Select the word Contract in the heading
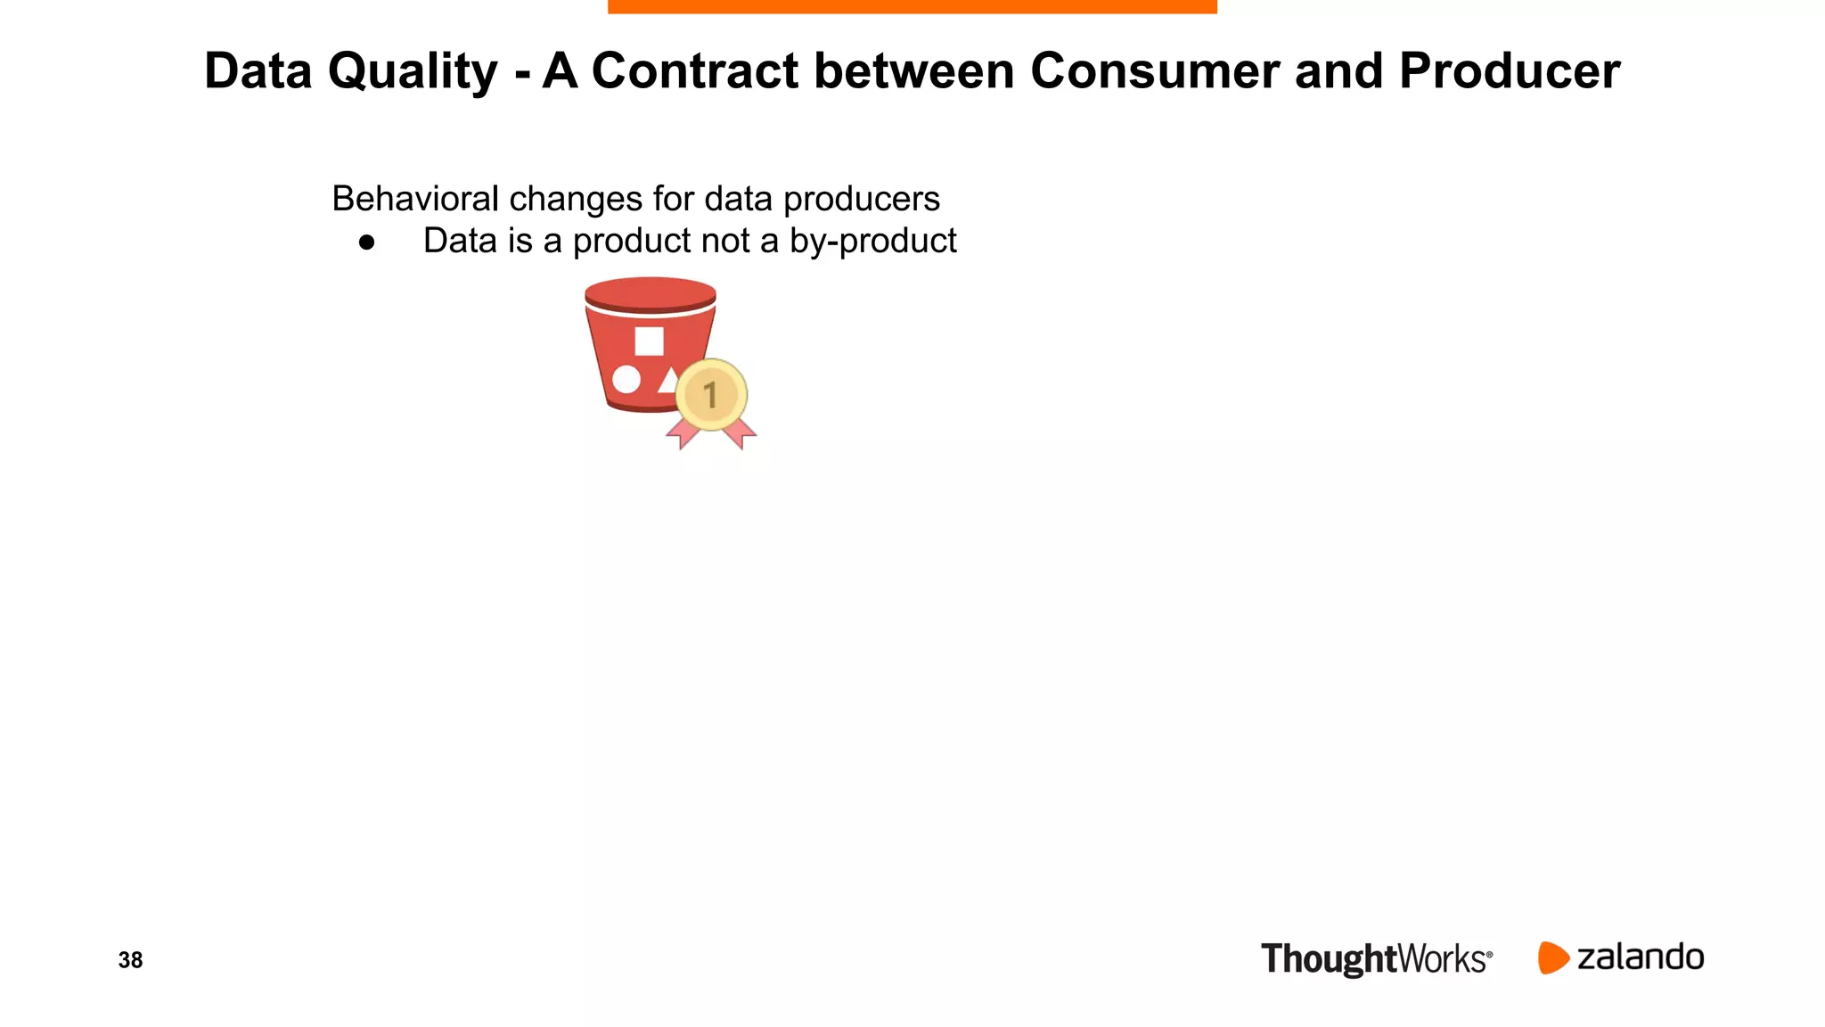(694, 70)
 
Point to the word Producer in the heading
(1509, 70)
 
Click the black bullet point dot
(366, 242)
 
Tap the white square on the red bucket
(649, 341)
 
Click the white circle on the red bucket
(626, 379)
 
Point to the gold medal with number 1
(711, 395)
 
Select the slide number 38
(130, 960)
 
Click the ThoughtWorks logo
(1376, 959)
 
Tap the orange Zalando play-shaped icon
(1552, 957)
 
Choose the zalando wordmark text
(1640, 957)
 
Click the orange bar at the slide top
(912, 6)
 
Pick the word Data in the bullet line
(459, 242)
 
